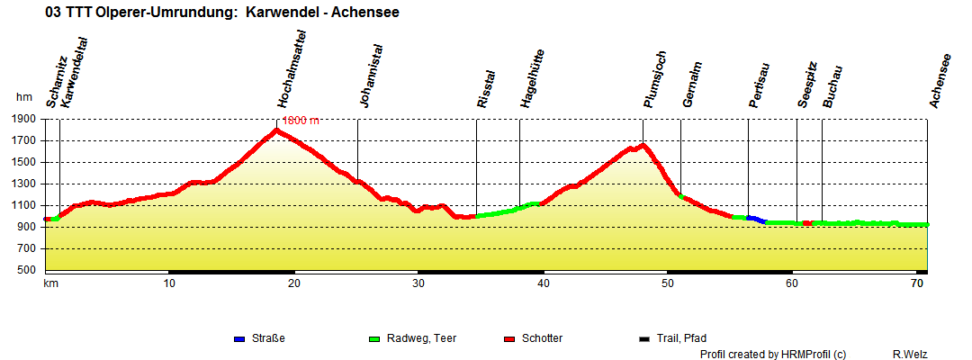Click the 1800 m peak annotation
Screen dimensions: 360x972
coord(301,120)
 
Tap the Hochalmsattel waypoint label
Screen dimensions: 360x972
coord(285,69)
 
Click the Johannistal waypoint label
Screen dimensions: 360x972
coord(365,76)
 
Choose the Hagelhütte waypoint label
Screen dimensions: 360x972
coord(526,79)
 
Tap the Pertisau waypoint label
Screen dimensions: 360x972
coord(756,85)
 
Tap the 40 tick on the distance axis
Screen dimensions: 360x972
coord(543,283)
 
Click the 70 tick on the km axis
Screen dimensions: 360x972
coord(916,283)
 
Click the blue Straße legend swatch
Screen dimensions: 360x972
coord(239,338)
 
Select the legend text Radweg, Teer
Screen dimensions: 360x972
coord(421,338)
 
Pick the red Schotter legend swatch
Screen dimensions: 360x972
coord(509,338)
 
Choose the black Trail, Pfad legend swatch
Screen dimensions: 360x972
coord(644,338)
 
